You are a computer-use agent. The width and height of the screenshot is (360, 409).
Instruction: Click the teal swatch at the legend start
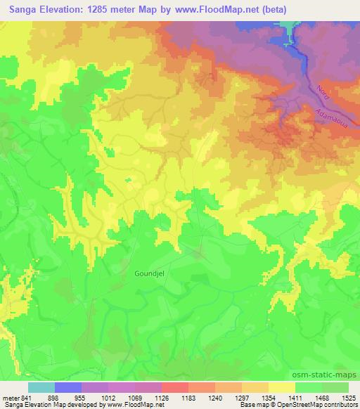coord(41,387)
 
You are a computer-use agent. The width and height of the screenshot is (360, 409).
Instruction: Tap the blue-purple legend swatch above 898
coord(68,387)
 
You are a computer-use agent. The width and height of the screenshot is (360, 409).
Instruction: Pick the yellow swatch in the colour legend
coord(282,387)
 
